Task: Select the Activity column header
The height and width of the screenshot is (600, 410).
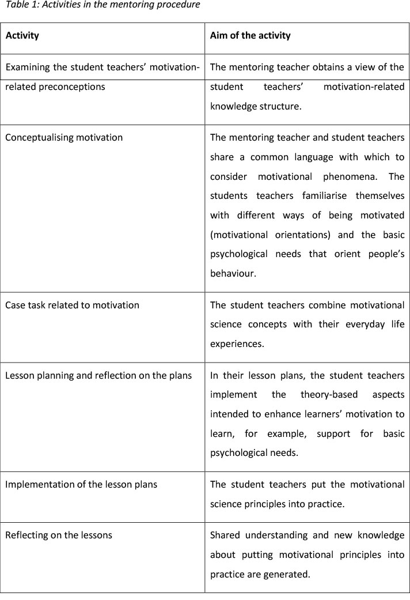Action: (x=22, y=36)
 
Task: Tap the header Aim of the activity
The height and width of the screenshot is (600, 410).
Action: (x=250, y=36)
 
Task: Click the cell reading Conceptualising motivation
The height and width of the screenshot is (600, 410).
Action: (x=64, y=138)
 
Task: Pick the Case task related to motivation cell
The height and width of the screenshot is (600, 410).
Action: (x=72, y=305)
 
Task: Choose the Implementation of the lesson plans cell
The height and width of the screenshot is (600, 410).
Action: (x=81, y=484)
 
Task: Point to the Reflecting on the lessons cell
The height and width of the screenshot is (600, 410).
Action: (x=59, y=535)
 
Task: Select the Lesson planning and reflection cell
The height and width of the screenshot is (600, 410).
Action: (x=98, y=376)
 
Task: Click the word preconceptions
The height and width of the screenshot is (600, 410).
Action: (x=77, y=87)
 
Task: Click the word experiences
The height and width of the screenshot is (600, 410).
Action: (x=236, y=344)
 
